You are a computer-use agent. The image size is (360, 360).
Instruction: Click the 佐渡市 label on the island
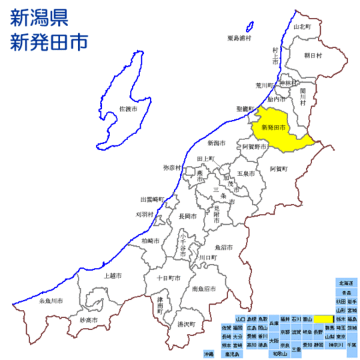(129, 108)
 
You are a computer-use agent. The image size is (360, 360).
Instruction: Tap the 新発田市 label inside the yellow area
(273, 127)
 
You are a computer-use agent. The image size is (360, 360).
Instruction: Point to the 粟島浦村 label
(239, 37)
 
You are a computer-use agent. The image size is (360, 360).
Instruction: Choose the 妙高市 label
(89, 321)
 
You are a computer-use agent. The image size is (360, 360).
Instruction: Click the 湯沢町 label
(176, 325)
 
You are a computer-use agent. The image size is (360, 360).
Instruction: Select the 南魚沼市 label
(204, 289)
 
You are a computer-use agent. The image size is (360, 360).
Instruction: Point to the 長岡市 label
(188, 217)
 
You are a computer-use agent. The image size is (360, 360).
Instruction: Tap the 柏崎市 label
(151, 240)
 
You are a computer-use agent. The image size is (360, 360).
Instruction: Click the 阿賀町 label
(278, 169)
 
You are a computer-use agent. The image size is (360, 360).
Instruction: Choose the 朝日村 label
(313, 55)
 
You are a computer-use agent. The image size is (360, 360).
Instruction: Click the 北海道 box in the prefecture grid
(345, 283)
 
